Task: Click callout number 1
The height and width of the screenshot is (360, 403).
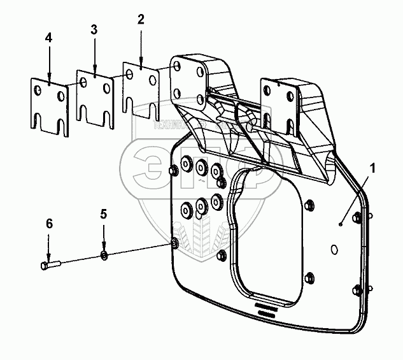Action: [x=373, y=169]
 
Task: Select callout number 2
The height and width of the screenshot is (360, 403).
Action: [x=141, y=19]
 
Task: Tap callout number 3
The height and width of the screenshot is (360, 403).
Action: [x=94, y=30]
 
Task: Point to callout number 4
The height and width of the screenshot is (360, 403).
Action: [x=48, y=38]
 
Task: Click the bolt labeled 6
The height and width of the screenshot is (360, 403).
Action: [x=50, y=263]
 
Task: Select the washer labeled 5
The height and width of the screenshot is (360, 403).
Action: [x=104, y=256]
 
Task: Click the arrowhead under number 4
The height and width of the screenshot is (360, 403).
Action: [x=48, y=78]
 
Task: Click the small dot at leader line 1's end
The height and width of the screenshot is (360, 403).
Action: [x=341, y=223]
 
